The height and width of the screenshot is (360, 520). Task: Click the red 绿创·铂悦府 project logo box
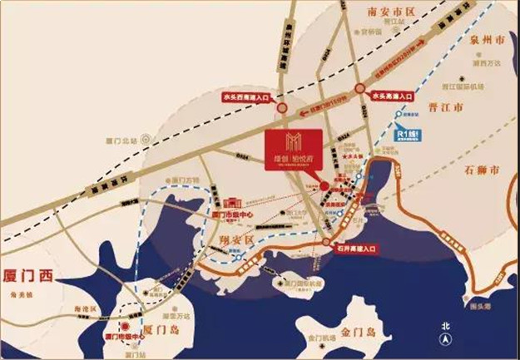pyautogui.click(x=291, y=150)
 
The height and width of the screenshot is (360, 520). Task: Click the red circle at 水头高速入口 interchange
pyautogui.click(x=359, y=86)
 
